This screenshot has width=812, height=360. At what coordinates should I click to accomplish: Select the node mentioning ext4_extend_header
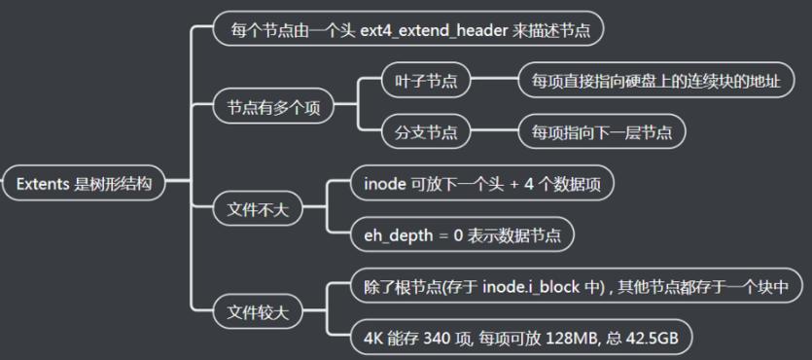point(408,30)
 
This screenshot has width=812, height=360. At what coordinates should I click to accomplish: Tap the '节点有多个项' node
point(274,107)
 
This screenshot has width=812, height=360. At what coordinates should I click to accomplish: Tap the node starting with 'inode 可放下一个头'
point(481,183)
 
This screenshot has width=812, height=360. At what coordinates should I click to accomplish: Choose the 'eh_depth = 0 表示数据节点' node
point(462,234)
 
